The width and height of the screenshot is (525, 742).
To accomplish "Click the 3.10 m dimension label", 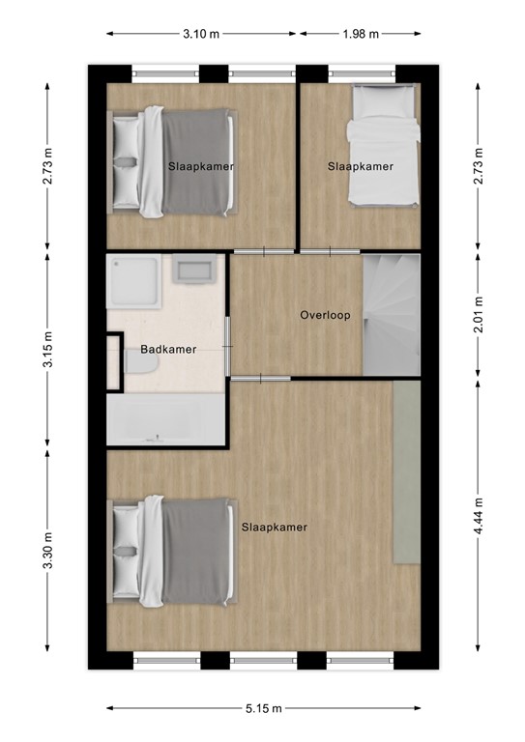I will pyautogui.click(x=200, y=34).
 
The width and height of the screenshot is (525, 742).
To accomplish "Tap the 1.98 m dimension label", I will pyautogui.click(x=361, y=34).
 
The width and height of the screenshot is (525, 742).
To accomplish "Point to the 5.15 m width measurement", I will pyautogui.click(x=264, y=709).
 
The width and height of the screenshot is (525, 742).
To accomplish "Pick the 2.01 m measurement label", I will pyautogui.click(x=478, y=314).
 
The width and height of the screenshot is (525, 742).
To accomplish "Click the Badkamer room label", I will pyautogui.click(x=168, y=350).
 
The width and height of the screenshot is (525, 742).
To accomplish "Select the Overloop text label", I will pyautogui.click(x=325, y=315).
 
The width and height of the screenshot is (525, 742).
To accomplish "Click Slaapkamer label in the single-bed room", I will pyautogui.click(x=361, y=166).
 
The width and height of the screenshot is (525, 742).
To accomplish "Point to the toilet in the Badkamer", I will pyautogui.click(x=132, y=361).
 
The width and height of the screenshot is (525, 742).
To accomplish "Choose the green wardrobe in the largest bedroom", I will pyautogui.click(x=407, y=472).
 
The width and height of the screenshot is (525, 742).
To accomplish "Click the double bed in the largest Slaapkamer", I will pyautogui.click(x=174, y=550).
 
